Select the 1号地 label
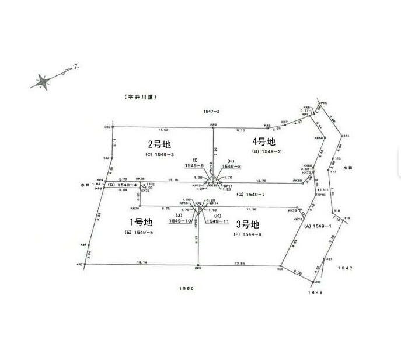(140, 222)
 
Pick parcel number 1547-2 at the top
(211, 111)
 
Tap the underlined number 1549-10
(180, 221)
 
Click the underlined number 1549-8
(232, 166)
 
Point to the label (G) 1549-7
(252, 194)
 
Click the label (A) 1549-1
(318, 226)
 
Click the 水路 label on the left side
(84, 185)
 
